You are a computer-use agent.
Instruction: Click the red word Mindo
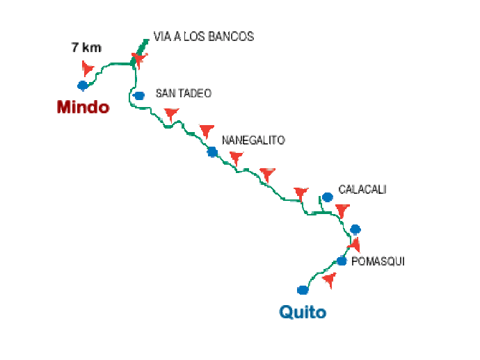[x=83, y=107]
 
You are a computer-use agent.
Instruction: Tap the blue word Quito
[x=303, y=312]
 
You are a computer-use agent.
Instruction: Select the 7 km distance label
[x=86, y=48]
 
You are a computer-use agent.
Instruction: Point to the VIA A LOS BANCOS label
[x=203, y=36]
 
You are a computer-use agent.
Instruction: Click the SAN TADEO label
[x=183, y=92]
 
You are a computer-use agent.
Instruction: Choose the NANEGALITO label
[x=253, y=139]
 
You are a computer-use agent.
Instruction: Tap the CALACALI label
[x=362, y=188]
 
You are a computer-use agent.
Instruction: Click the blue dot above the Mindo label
[x=83, y=85]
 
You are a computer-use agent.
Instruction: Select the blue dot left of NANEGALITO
[x=212, y=152]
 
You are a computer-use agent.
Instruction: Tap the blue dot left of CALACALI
[x=327, y=197]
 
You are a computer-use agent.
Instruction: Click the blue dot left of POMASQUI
[x=342, y=261]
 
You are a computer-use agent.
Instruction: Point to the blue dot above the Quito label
[x=303, y=289]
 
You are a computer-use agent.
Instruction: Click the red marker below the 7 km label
[x=88, y=67]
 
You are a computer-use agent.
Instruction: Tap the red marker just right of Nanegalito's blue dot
[x=236, y=157]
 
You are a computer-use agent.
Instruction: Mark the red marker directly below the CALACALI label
[x=342, y=209]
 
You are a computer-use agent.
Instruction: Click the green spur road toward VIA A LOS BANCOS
[x=144, y=47]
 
